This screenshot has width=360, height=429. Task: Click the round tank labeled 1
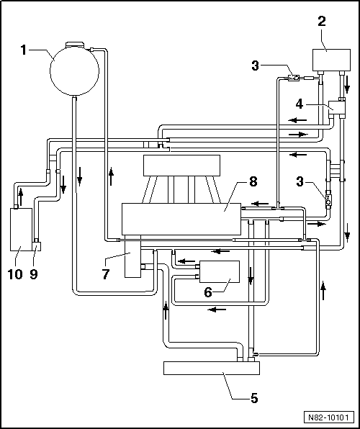(74, 70)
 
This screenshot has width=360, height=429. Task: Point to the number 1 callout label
(24, 50)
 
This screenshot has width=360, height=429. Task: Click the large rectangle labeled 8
(181, 218)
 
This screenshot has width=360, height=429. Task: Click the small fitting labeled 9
(37, 247)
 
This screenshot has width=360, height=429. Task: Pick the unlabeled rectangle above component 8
(186, 166)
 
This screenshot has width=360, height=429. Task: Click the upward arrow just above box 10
(19, 194)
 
